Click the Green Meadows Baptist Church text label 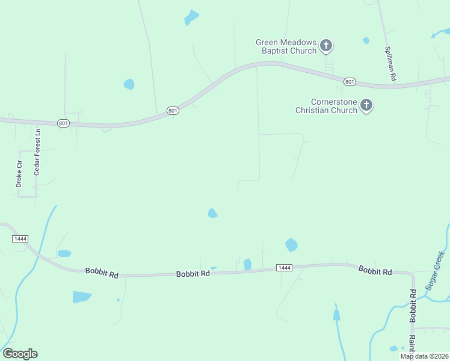tap(286, 46)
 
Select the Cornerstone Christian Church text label tap(326, 106)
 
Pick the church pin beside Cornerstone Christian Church tap(366, 106)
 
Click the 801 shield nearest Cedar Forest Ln tap(64, 123)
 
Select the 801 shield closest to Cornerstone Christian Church tap(350, 81)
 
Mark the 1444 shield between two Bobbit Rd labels tap(284, 267)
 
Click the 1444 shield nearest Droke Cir tap(20, 239)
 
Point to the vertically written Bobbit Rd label tap(413, 306)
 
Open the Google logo tap(20, 353)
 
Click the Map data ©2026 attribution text tap(424, 356)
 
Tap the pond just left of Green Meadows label tap(191, 17)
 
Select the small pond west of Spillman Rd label tap(366, 41)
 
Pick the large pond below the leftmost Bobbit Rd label tap(81, 297)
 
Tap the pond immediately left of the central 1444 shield tap(247, 264)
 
